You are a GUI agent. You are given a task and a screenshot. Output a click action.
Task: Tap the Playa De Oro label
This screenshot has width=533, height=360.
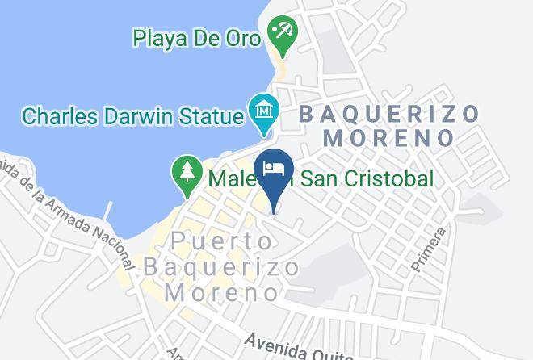(x=199, y=37)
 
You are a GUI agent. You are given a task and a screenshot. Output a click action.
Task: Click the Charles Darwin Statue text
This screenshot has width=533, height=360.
(x=132, y=115)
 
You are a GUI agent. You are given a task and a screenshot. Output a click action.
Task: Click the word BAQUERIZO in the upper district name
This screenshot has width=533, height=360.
(x=388, y=114)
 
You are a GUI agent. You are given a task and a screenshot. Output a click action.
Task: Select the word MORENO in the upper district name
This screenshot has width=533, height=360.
(x=388, y=138)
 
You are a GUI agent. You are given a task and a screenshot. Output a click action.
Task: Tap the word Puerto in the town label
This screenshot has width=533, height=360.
(x=220, y=241)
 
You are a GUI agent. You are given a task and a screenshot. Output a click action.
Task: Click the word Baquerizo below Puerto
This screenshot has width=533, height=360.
(x=220, y=266)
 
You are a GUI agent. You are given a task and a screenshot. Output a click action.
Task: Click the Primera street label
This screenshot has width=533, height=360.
(x=429, y=249)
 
